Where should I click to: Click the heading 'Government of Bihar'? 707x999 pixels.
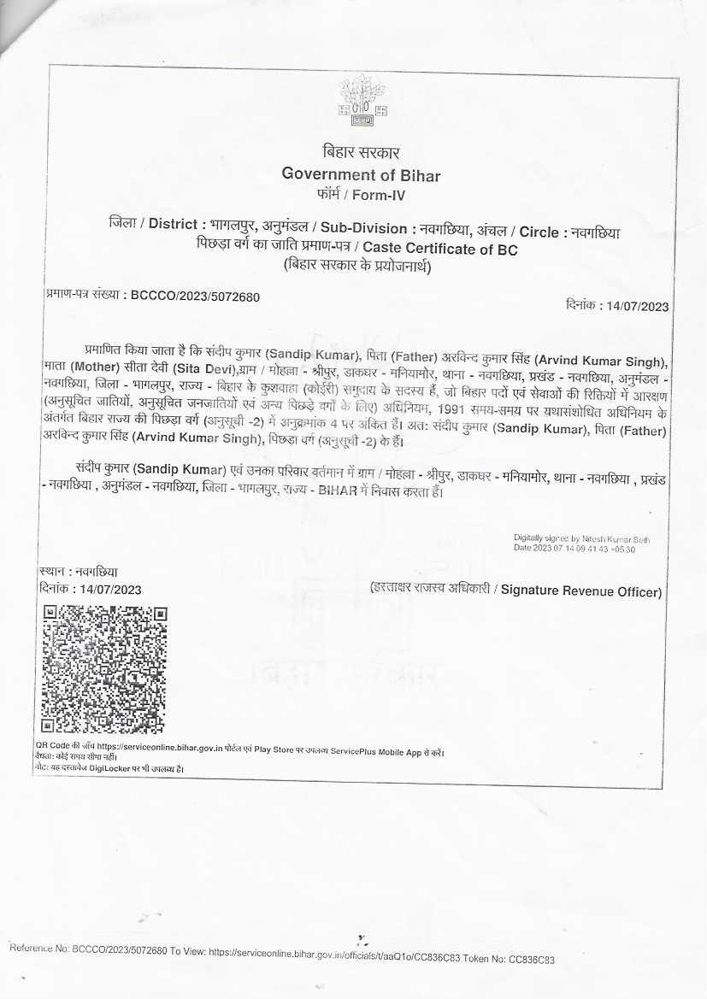coord(362,175)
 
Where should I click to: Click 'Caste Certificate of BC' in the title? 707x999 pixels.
coord(451,250)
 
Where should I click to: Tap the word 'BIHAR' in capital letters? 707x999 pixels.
coord(339,491)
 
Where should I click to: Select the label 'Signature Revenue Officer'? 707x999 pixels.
coord(581,591)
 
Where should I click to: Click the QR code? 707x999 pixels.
coord(104,670)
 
